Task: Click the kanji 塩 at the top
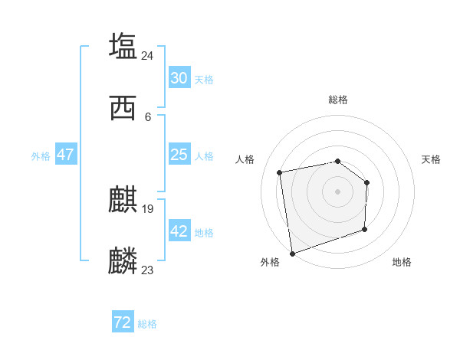pyautogui.click(x=123, y=46)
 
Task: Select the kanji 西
pyautogui.click(x=123, y=108)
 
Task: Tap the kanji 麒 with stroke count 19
pyautogui.click(x=123, y=201)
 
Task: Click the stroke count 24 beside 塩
pyautogui.click(x=148, y=55)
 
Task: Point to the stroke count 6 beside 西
pyautogui.click(x=148, y=116)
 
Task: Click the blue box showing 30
pyautogui.click(x=179, y=78)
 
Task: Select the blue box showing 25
pyautogui.click(x=179, y=155)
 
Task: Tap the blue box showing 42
pyautogui.click(x=179, y=231)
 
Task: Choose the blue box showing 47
pyautogui.click(x=66, y=155)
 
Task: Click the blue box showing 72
pyautogui.click(x=123, y=323)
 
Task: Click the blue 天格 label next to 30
pyautogui.click(x=204, y=80)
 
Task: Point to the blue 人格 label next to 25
pyautogui.click(x=204, y=156)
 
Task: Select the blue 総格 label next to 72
pyautogui.click(x=147, y=325)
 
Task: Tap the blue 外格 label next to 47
pyautogui.click(x=41, y=156)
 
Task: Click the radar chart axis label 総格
pyautogui.click(x=338, y=100)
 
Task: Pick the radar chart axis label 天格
pyautogui.click(x=432, y=159)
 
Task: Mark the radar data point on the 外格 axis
pyautogui.click(x=292, y=253)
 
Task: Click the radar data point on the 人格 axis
pyautogui.click(x=281, y=172)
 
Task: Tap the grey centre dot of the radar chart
pyautogui.click(x=338, y=191)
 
